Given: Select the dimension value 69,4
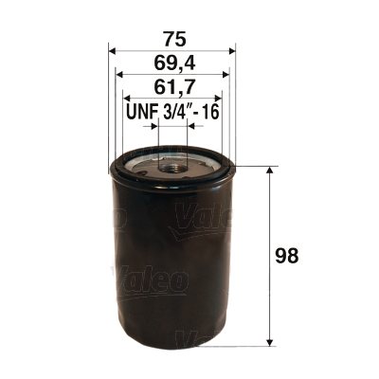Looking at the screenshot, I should (x=171, y=63).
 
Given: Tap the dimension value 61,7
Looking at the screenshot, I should (x=171, y=90).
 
